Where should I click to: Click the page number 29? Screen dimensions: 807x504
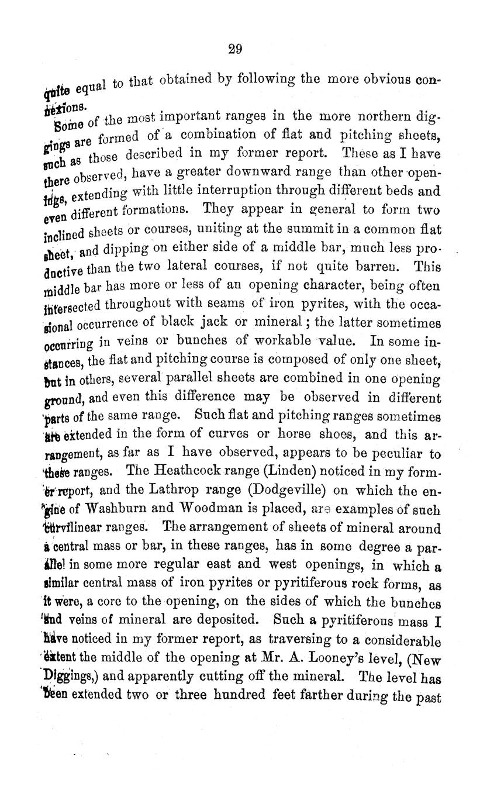pos(235,49)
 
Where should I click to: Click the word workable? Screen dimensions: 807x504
pos(288,342)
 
